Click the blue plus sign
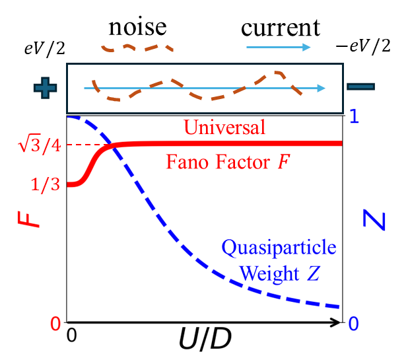45,88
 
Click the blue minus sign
361,87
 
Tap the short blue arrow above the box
278,47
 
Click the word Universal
224,127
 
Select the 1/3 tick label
46,185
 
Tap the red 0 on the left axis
56,324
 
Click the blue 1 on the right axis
354,117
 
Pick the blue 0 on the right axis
353,324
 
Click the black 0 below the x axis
72,335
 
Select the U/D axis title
205,340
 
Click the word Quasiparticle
279,248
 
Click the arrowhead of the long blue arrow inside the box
322,88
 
